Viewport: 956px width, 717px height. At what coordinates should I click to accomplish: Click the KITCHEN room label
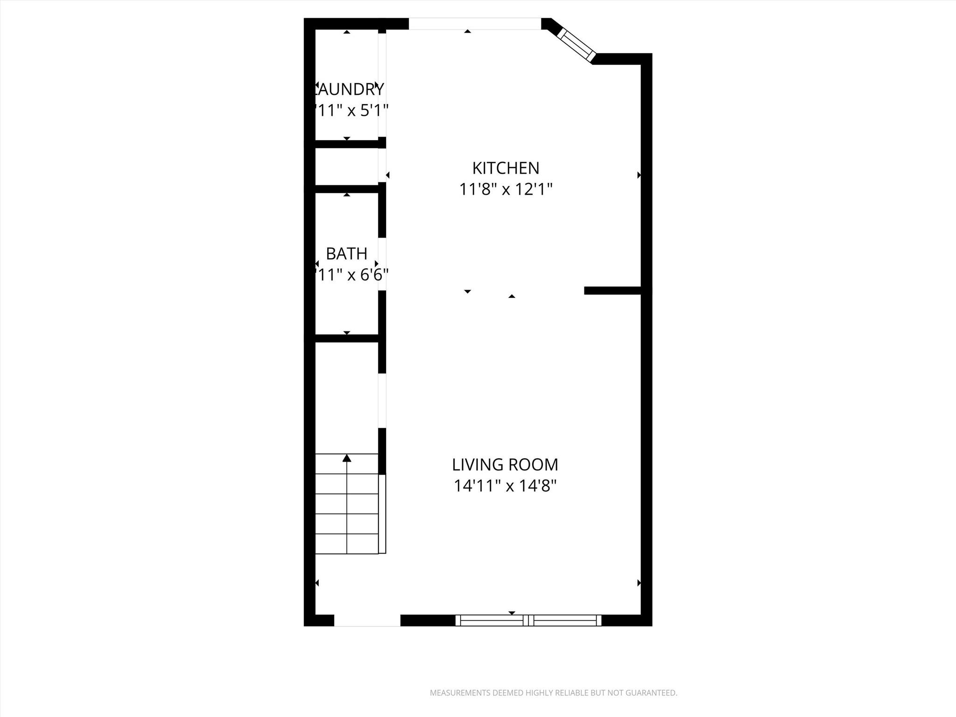(506, 168)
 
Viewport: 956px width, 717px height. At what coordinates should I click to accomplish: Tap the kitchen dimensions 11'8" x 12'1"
(506, 190)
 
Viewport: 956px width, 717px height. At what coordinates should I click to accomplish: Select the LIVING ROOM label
(505, 465)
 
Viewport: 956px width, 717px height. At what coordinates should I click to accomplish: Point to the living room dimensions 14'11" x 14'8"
(505, 486)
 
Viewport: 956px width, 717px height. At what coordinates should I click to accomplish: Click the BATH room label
(346, 254)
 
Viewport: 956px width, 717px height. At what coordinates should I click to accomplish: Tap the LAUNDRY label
(349, 89)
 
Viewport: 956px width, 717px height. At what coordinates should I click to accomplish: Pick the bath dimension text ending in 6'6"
(351, 275)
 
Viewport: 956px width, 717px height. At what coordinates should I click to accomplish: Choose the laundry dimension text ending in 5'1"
(351, 111)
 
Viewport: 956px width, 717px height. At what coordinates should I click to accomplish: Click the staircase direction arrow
(346, 458)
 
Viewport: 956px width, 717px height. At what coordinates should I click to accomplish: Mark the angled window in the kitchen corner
(577, 45)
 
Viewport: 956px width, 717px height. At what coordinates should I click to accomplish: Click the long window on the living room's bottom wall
(528, 620)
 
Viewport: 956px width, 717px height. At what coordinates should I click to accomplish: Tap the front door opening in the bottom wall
(367, 620)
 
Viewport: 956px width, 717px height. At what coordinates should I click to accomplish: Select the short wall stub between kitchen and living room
(612, 290)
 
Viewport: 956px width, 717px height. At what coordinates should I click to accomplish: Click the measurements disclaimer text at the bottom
(553, 693)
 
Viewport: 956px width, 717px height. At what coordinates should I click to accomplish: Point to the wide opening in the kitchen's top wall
(475, 24)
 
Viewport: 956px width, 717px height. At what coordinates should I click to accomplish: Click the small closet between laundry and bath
(346, 167)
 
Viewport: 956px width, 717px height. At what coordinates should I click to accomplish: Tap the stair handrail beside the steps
(382, 514)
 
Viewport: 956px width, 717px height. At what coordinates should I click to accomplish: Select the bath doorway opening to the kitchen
(382, 264)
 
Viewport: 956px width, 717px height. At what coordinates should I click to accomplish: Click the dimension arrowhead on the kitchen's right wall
(639, 175)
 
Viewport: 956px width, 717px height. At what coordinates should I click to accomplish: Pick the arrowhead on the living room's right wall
(639, 583)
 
